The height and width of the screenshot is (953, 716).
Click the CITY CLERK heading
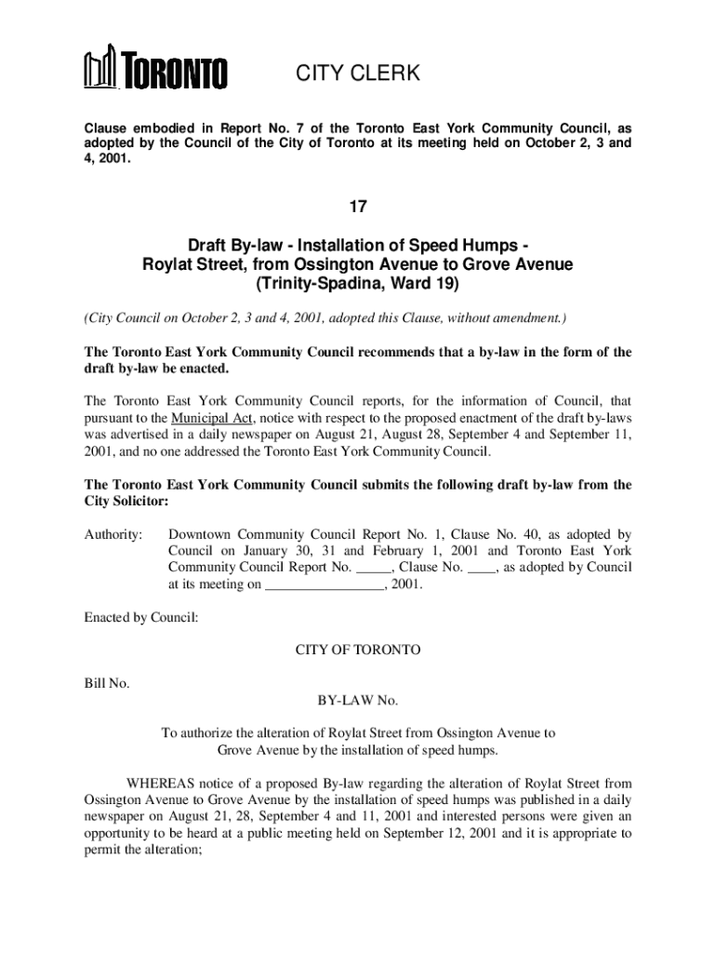pyautogui.click(x=358, y=74)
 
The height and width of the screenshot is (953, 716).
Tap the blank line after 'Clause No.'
pyautogui.click(x=481, y=568)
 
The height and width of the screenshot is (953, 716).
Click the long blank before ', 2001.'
pyautogui.click(x=324, y=585)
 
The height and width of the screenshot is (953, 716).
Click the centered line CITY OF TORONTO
pyautogui.click(x=358, y=650)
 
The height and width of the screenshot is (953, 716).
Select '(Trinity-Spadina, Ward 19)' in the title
pyautogui.click(x=358, y=283)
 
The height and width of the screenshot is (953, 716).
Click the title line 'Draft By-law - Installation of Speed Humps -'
pyautogui.click(x=358, y=246)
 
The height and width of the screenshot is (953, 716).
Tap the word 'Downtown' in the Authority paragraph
pyautogui.click(x=200, y=535)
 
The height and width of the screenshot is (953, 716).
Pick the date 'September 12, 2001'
pyautogui.click(x=439, y=834)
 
